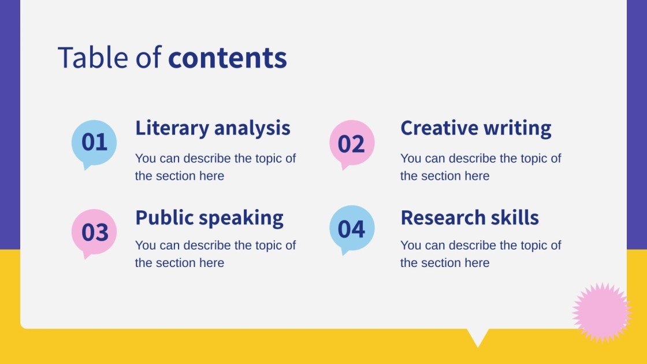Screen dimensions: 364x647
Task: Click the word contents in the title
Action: (228, 58)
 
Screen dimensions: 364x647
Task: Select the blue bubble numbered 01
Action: (94, 143)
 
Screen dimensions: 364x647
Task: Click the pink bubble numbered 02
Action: (352, 143)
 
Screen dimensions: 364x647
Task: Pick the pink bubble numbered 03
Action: (94, 232)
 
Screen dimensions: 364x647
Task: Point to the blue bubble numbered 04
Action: (352, 229)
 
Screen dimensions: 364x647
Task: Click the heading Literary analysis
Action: (213, 128)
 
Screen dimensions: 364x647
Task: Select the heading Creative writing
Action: (475, 128)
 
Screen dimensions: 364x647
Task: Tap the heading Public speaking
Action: (209, 218)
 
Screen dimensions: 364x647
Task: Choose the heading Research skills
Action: (469, 218)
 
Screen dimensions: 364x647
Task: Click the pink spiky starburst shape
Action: (601, 313)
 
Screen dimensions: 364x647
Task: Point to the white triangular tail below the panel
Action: (478, 336)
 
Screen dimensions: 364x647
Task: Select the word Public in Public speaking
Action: (164, 218)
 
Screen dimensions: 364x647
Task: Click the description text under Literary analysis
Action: (215, 167)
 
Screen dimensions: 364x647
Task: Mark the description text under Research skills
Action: (480, 254)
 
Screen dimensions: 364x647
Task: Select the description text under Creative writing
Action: (480, 167)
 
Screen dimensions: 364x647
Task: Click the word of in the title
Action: (147, 58)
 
